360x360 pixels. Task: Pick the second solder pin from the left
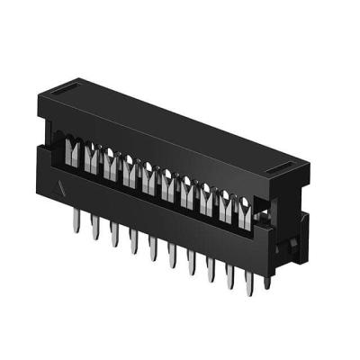tap(94, 232)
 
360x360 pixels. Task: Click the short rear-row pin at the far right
tap(266, 281)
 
